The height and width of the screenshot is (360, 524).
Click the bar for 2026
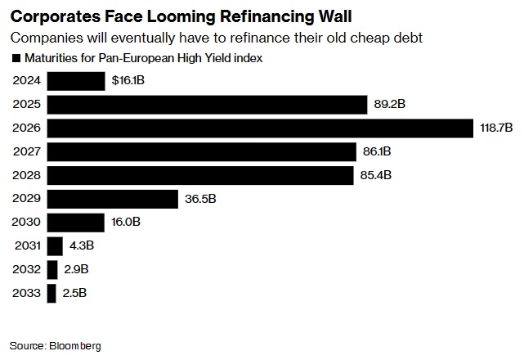(x=260, y=128)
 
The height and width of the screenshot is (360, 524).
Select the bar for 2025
(x=206, y=105)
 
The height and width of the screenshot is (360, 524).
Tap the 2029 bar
(x=113, y=199)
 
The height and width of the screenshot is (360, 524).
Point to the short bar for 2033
(x=52, y=293)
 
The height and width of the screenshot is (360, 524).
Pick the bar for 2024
(x=76, y=81)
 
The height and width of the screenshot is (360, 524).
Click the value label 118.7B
(x=495, y=128)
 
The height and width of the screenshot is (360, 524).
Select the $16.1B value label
(x=129, y=81)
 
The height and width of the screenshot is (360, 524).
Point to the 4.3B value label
(x=82, y=246)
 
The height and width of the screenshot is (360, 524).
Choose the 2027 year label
(x=27, y=151)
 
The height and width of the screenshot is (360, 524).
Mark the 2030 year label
(x=27, y=223)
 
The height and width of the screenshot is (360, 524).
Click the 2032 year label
(x=27, y=269)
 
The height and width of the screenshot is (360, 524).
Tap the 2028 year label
(x=27, y=175)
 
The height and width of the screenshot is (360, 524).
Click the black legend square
(x=16, y=58)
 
